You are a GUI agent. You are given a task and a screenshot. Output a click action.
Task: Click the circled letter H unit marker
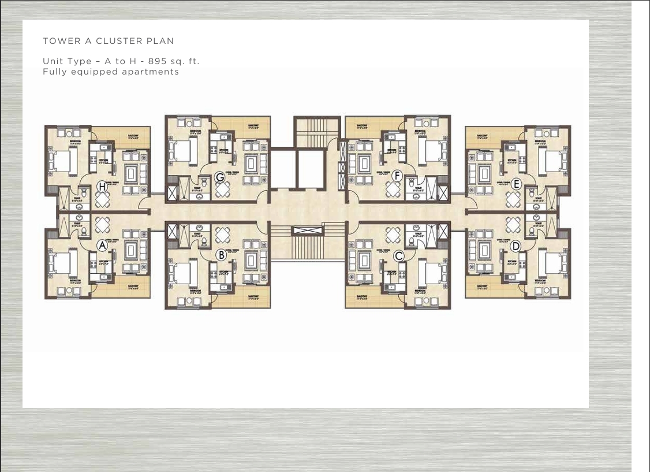[102, 186]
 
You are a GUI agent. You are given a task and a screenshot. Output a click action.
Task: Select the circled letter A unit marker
[102, 246]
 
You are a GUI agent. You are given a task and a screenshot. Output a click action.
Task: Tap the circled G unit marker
[220, 177]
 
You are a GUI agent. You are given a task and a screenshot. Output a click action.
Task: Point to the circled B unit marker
[221, 254]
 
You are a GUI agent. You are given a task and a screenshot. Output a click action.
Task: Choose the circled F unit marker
[397, 175]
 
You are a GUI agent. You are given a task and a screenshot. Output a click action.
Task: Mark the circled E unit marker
[516, 184]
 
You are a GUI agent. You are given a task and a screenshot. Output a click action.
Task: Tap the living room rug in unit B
[251, 261]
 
